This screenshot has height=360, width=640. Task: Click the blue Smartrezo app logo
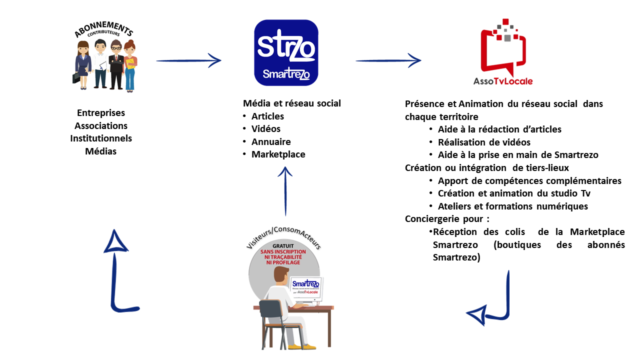point(286,52)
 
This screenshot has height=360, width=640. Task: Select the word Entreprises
point(101,113)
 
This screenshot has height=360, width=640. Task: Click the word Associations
point(101,125)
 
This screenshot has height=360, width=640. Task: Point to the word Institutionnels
point(101,138)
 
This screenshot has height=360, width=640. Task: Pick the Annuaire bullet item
point(271,141)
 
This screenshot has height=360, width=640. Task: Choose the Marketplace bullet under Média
point(278,154)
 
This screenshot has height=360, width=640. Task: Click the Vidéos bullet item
point(266,129)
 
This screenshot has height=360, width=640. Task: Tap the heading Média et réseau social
point(292,103)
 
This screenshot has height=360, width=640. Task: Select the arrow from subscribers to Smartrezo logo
point(188,61)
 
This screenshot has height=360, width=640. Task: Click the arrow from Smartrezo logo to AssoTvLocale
point(388,61)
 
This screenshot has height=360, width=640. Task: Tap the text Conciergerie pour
point(446,218)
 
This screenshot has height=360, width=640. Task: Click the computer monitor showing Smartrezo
point(306,288)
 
